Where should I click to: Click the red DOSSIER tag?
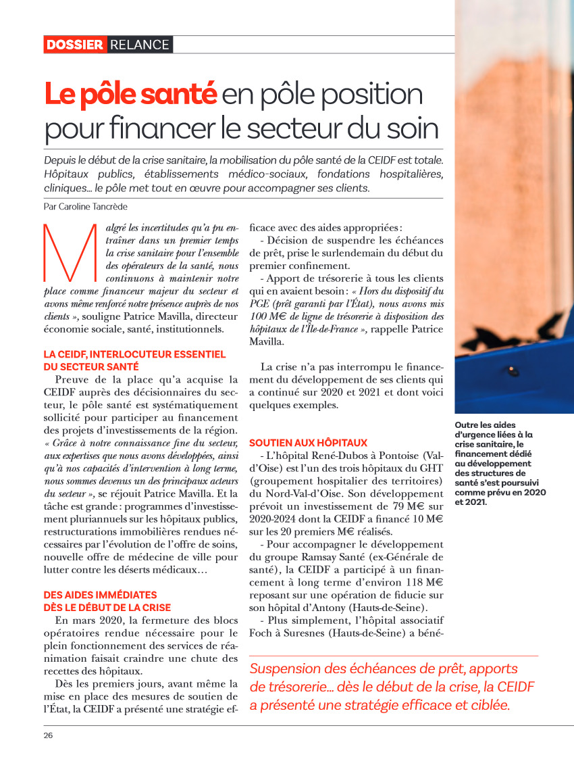[x=75, y=45]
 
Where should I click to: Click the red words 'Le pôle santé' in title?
[x=130, y=94]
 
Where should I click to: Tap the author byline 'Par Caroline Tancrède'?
[x=84, y=205]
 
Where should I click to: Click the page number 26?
[x=49, y=735]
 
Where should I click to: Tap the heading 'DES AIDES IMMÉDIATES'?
[x=100, y=595]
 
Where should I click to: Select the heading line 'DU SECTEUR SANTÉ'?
[x=91, y=366]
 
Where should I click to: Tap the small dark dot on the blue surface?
[x=511, y=370]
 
